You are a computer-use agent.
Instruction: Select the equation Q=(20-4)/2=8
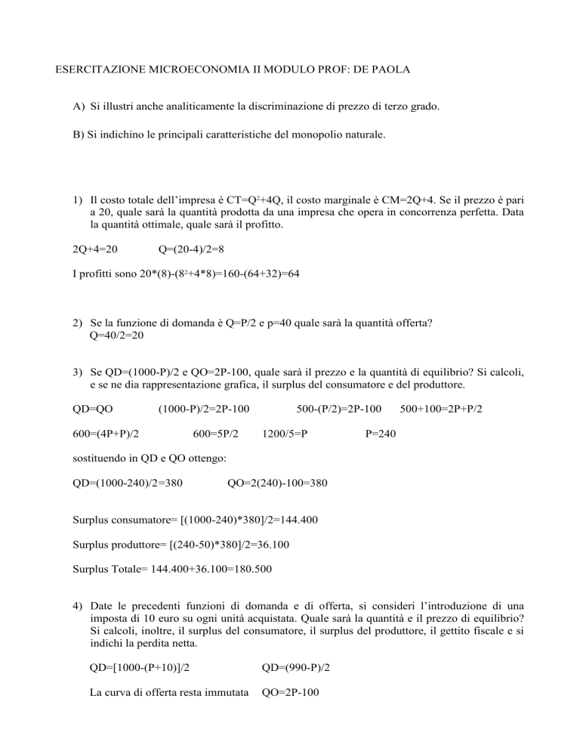(192, 249)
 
